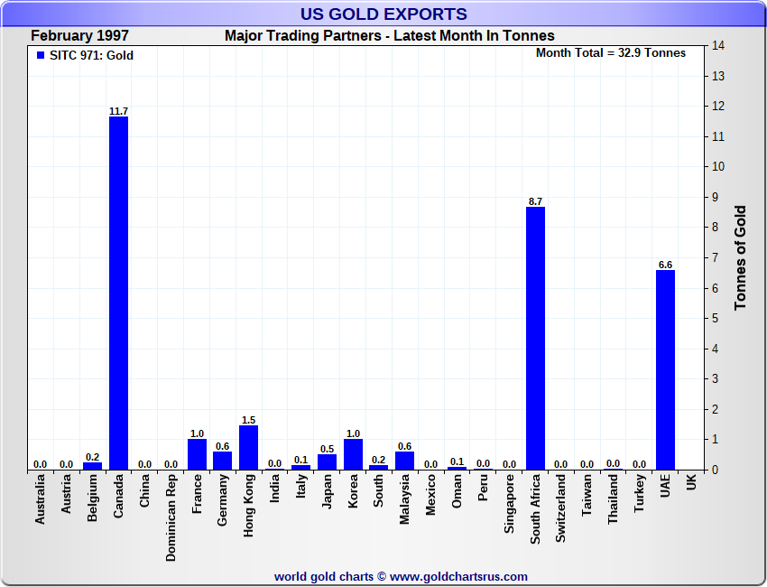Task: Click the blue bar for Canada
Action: (x=118, y=293)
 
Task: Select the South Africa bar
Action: (x=535, y=338)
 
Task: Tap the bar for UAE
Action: (x=665, y=369)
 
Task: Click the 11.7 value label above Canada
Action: (x=118, y=111)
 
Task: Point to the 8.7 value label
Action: (x=535, y=201)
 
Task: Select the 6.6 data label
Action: (x=665, y=265)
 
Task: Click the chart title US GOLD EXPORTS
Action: (x=383, y=14)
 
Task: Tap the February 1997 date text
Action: (x=79, y=36)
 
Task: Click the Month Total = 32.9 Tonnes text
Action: (x=610, y=52)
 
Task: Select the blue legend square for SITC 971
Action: (x=40, y=55)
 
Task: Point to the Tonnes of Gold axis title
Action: (x=741, y=258)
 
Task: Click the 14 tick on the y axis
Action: (x=718, y=45)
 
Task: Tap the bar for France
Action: (x=197, y=454)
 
